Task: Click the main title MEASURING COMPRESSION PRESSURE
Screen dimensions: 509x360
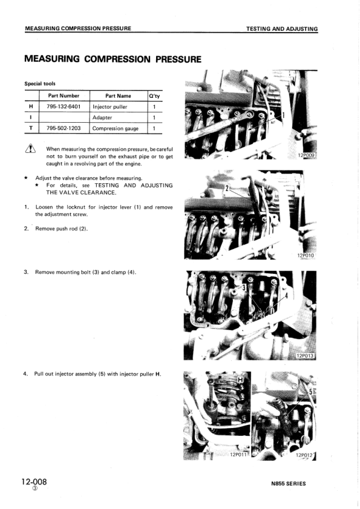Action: point(113,59)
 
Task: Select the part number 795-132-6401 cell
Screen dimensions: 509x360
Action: point(64,106)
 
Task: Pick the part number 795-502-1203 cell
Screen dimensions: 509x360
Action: point(64,128)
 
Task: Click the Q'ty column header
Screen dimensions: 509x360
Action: point(154,96)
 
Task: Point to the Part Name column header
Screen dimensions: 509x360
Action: point(118,96)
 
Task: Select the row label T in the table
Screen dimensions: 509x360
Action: point(31,128)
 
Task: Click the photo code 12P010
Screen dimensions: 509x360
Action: point(306,256)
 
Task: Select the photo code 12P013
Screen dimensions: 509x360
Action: point(307,355)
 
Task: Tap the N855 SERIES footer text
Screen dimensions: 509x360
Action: point(289,484)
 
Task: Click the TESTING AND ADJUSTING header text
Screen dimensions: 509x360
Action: point(282,29)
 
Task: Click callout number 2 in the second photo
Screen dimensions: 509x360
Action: point(227,188)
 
